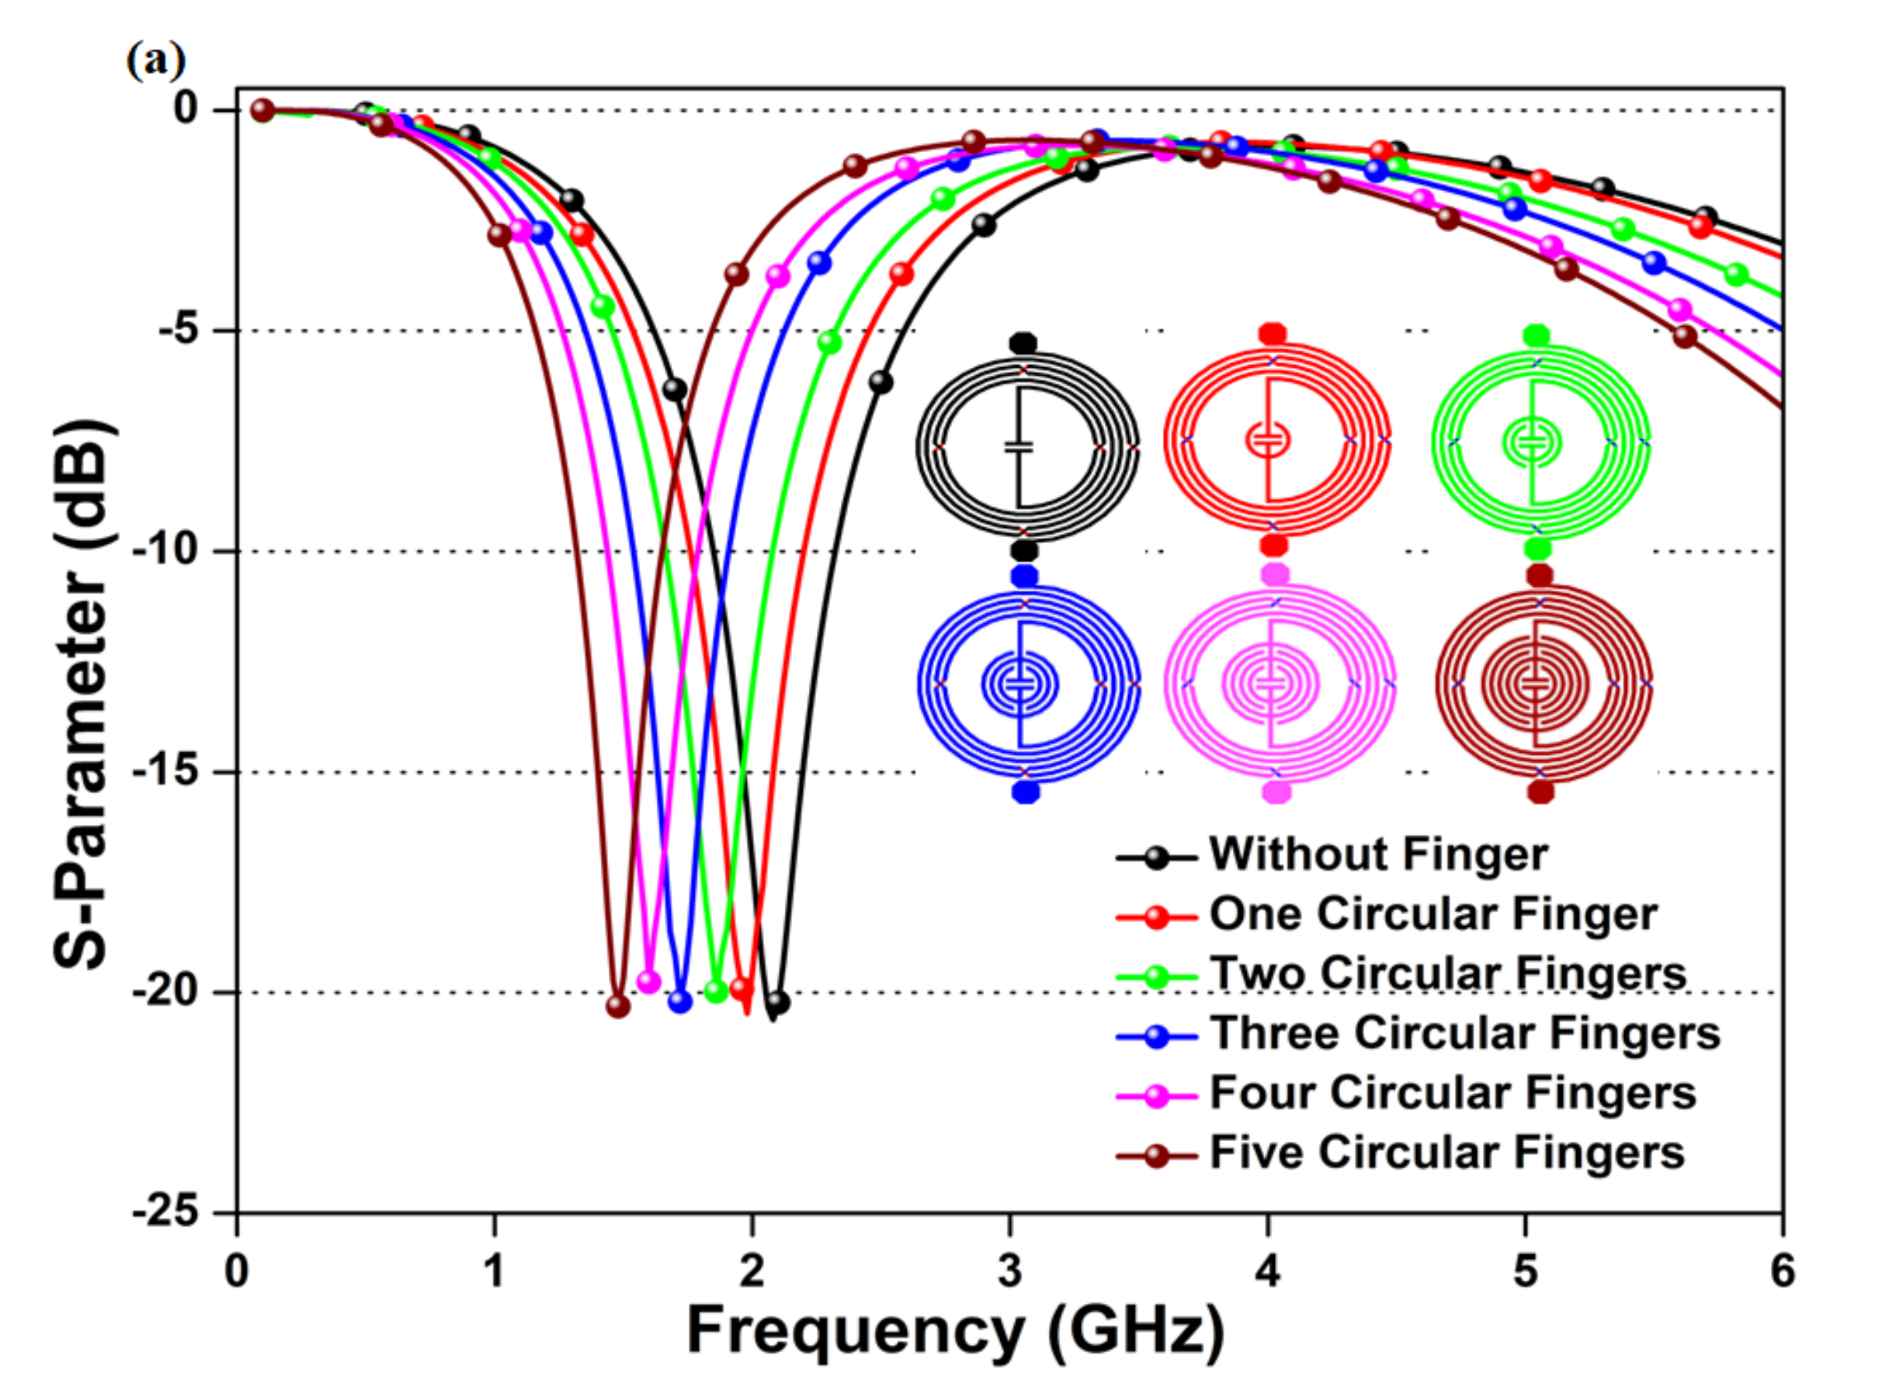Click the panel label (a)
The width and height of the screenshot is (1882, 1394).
tap(155, 61)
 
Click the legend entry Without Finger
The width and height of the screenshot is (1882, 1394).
tap(1378, 854)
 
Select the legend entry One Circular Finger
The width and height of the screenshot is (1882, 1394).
tap(1433, 914)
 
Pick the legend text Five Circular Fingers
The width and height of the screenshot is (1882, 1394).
tap(1447, 1153)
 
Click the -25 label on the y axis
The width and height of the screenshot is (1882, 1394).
tap(165, 1212)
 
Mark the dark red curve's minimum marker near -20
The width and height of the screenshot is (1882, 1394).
tap(618, 1006)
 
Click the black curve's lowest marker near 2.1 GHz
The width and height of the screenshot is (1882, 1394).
tap(778, 1003)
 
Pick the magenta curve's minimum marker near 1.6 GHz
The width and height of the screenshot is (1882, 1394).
tap(648, 981)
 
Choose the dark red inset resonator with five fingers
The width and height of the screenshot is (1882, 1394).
tap(1543, 684)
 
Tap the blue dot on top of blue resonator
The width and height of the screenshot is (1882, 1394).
tap(1026, 577)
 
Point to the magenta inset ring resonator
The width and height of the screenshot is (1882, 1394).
tap(1278, 684)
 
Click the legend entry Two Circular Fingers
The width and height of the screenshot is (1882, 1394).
tap(1447, 974)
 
